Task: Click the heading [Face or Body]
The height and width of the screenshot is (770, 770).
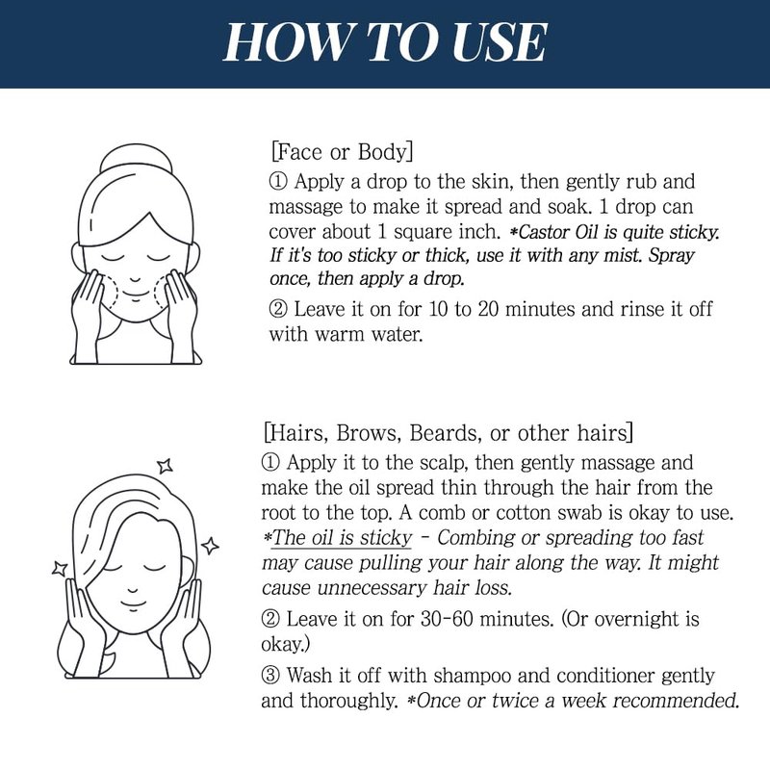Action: point(342,152)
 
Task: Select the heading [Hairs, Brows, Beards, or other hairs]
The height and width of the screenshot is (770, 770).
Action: point(449,433)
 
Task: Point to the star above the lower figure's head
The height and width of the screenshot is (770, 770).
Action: point(165,465)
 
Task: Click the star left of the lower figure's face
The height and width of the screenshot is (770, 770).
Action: point(60,569)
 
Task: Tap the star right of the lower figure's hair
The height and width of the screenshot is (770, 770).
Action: point(210,546)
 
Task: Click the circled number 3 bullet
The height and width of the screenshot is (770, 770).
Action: point(270,676)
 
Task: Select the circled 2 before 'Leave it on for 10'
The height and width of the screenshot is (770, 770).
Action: point(278,309)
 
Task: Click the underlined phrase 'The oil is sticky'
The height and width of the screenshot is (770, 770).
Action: point(342,538)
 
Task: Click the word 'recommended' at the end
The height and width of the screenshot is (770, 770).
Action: point(676,701)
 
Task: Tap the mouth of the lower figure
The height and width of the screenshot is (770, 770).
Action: point(133,603)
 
